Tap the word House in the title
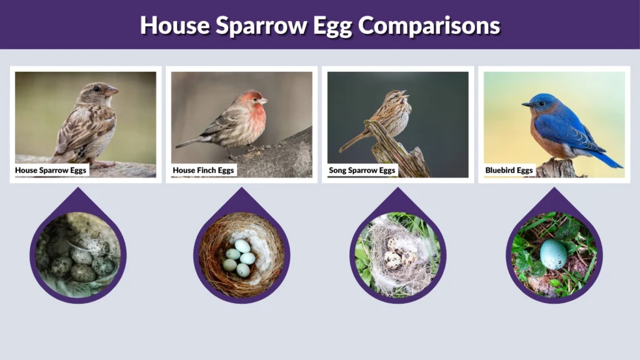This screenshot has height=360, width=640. tap(174, 25)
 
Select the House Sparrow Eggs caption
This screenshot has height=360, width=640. tap(51, 170)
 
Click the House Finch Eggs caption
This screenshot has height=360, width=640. tap(204, 170)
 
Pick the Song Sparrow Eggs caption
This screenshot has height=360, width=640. tap(362, 170)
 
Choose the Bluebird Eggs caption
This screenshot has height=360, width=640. tap(509, 170)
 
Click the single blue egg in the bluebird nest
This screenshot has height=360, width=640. tap(553, 254)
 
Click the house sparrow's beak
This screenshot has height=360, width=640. tap(113, 92)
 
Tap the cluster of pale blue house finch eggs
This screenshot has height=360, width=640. tap(239, 257)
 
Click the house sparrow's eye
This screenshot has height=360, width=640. tap(97, 89)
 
